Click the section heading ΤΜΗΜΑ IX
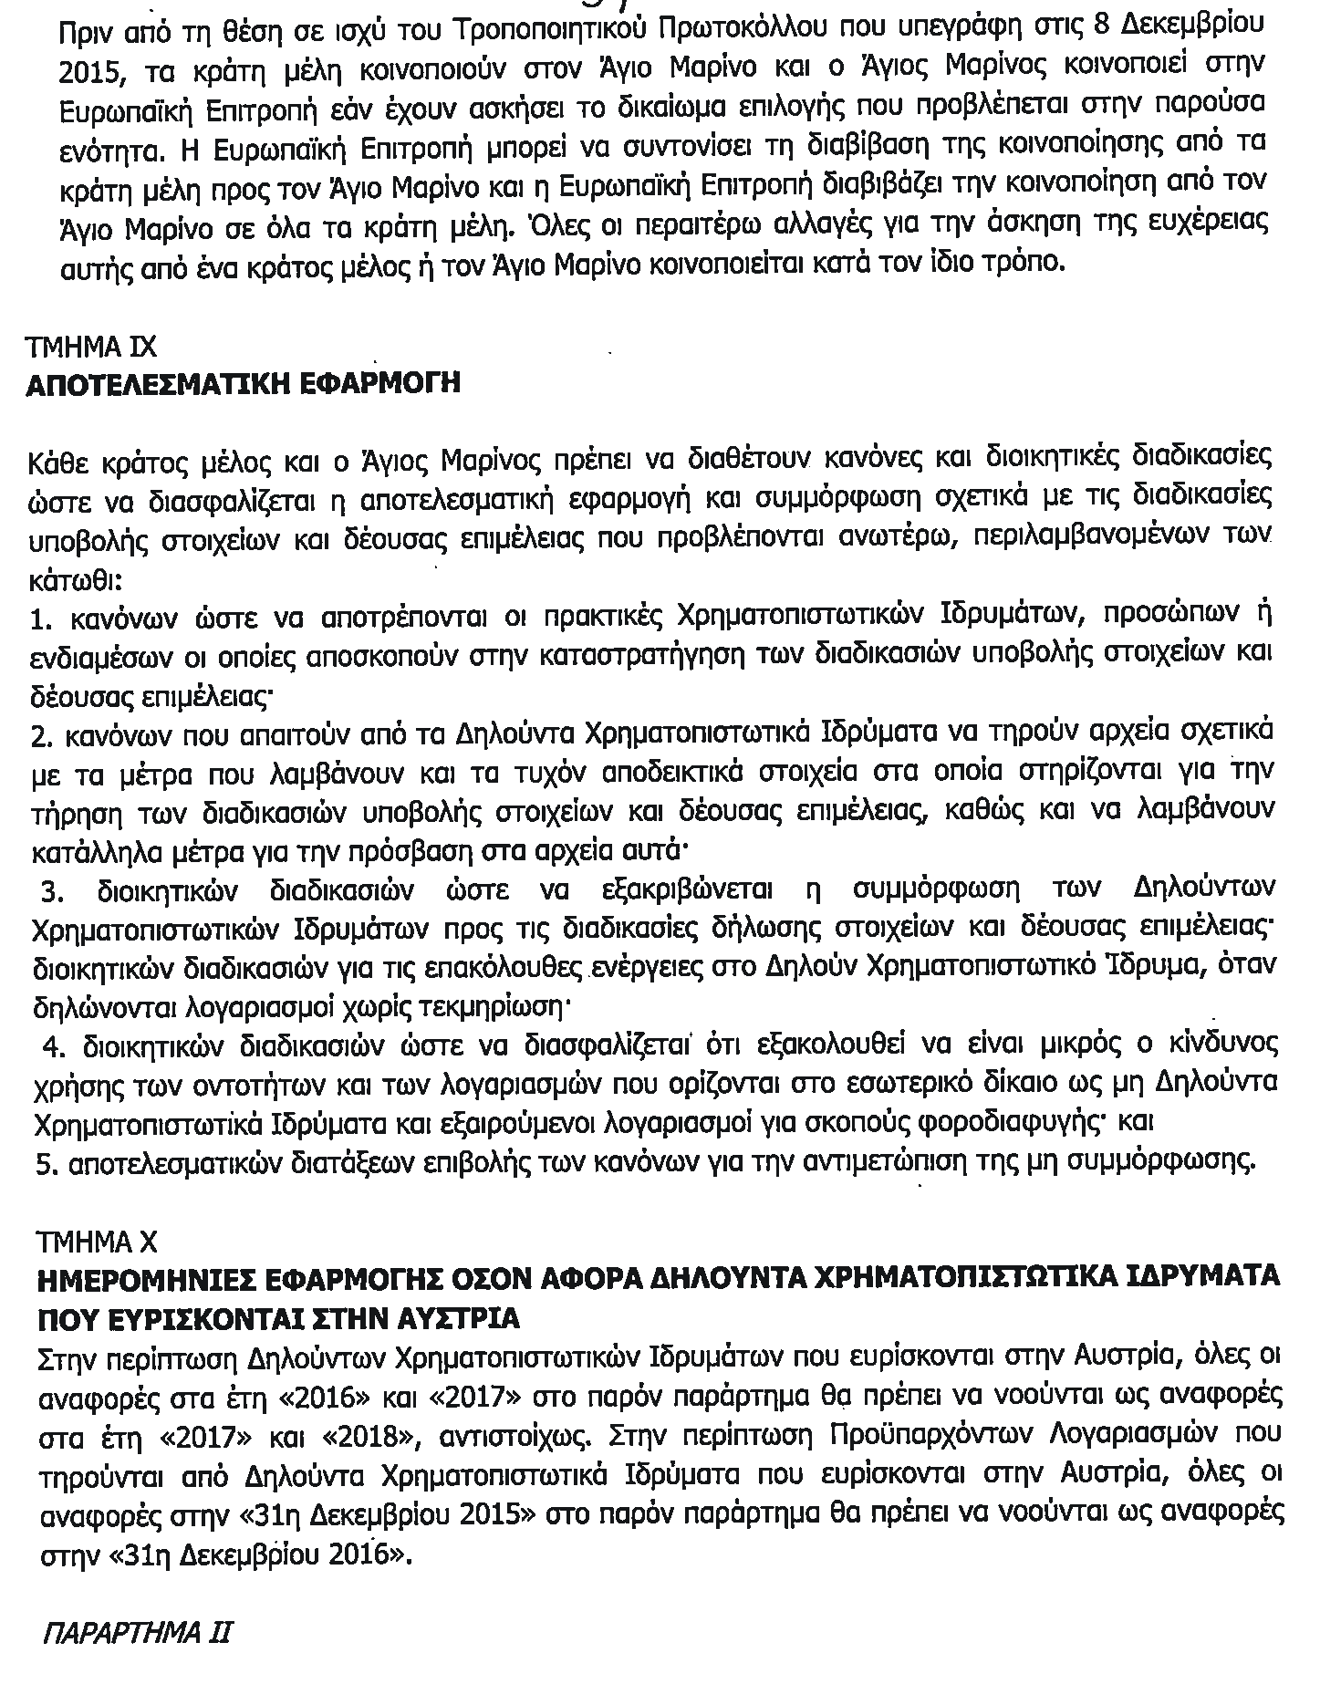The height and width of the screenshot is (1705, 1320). pos(91,348)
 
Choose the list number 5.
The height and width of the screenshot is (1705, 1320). pos(39,1161)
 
